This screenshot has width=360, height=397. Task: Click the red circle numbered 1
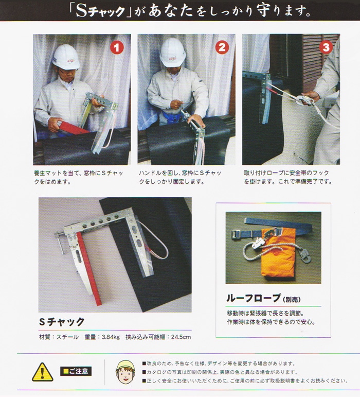pyautogui.click(x=117, y=47)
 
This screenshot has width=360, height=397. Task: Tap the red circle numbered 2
pyautogui.click(x=222, y=47)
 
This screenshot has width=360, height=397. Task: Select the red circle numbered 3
pyautogui.click(x=326, y=47)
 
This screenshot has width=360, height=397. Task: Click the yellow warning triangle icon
pyautogui.click(x=43, y=372)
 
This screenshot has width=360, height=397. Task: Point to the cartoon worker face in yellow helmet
pyautogui.click(x=125, y=372)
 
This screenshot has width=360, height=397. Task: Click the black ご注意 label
pyautogui.click(x=76, y=371)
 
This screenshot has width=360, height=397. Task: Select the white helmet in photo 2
pyautogui.click(x=172, y=53)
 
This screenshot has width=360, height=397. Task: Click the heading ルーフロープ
pyautogui.click(x=254, y=298)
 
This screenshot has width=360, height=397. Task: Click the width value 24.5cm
pyautogui.click(x=181, y=337)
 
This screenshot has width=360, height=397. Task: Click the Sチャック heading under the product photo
pyautogui.click(x=62, y=321)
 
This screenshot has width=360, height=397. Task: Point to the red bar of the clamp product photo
pyautogui.click(x=89, y=269)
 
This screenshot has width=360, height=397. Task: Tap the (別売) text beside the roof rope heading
pyautogui.click(x=292, y=300)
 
